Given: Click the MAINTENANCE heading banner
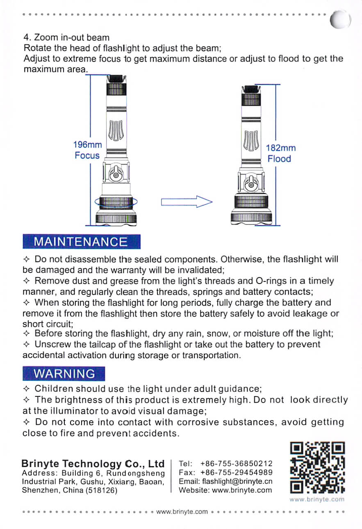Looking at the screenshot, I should pyautogui.click(x=81, y=242).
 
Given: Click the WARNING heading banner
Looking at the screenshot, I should pyautogui.click(x=64, y=374).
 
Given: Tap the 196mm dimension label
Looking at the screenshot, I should pyautogui.click(x=87, y=145).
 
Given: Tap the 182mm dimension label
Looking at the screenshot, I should pyautogui.click(x=280, y=148).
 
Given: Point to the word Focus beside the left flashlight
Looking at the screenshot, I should pyautogui.click(x=87, y=156).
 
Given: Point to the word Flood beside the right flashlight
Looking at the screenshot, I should pyautogui.click(x=279, y=159).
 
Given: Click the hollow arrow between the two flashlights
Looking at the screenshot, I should pyautogui.click(x=186, y=202).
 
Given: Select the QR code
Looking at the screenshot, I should pyautogui.click(x=317, y=467).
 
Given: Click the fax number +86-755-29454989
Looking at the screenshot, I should pyautogui.click(x=237, y=472).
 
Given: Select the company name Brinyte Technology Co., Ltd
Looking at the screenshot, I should pyautogui.click(x=93, y=464).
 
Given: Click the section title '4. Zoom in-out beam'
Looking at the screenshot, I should pyautogui.click(x=66, y=38).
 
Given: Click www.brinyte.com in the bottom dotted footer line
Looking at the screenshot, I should pyautogui.click(x=182, y=512).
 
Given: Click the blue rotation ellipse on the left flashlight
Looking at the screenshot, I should pyautogui.click(x=116, y=202).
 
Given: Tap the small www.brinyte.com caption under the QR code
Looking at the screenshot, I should pyautogui.click(x=316, y=499).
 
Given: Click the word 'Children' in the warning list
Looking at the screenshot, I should pyautogui.click(x=54, y=389).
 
